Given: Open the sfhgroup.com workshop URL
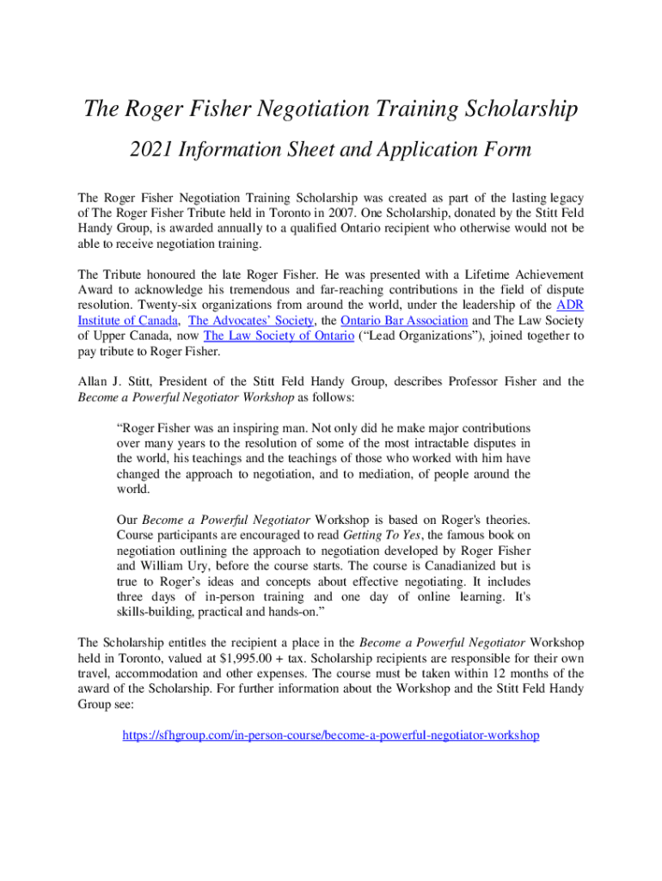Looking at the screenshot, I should (331, 736).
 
